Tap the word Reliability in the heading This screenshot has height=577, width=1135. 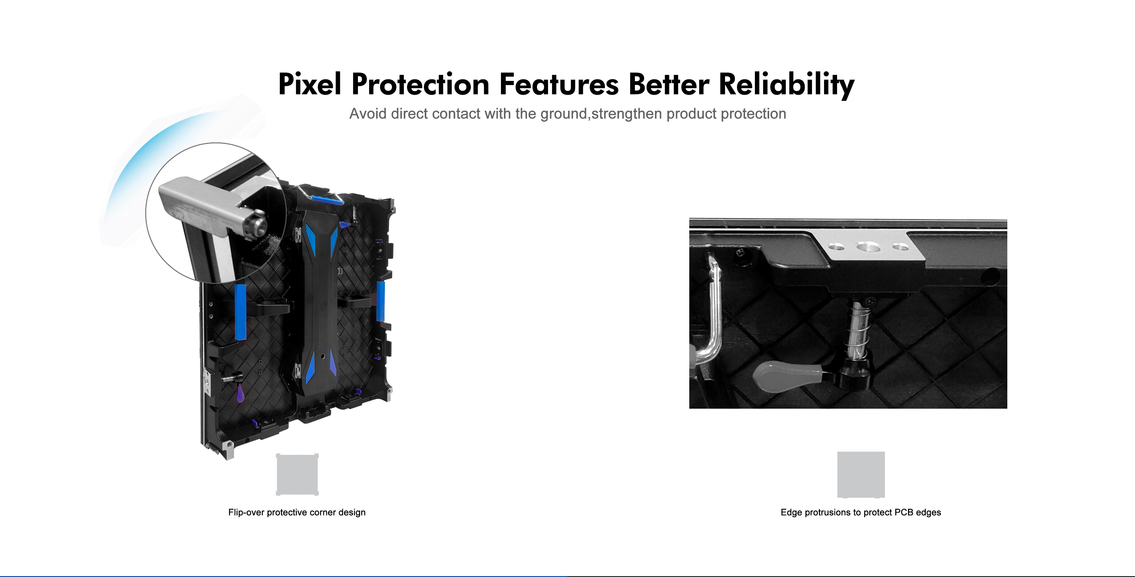click(x=787, y=85)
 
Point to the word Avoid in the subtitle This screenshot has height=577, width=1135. click(x=368, y=114)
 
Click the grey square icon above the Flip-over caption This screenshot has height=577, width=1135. click(x=297, y=475)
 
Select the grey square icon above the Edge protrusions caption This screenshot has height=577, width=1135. click(x=861, y=475)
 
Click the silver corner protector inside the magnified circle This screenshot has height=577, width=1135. click(x=207, y=207)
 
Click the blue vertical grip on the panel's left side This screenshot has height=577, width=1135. click(x=241, y=312)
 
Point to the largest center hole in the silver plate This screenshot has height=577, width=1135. click(x=868, y=247)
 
